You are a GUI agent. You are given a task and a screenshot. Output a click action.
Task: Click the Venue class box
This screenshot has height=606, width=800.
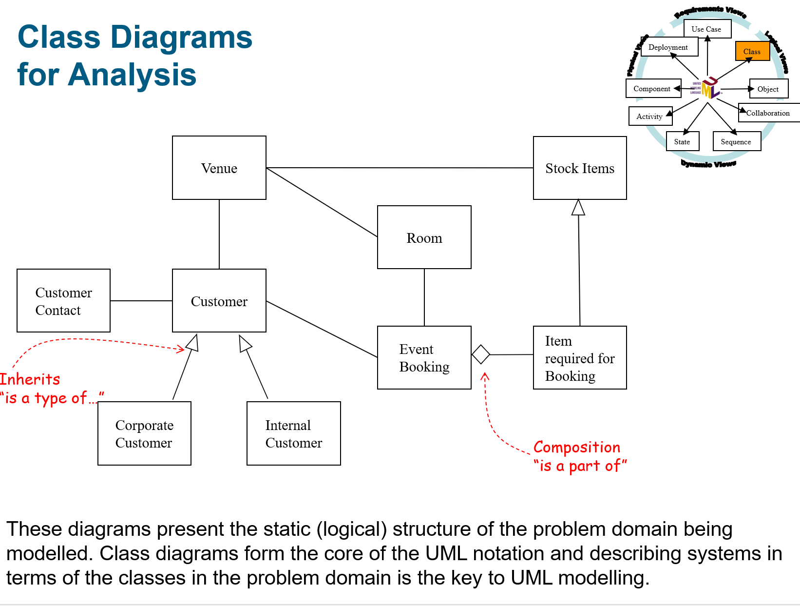point(219,168)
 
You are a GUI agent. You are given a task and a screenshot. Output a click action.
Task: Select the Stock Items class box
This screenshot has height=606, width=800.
point(580,168)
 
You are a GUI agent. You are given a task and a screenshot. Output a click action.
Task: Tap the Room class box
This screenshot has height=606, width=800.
point(424,237)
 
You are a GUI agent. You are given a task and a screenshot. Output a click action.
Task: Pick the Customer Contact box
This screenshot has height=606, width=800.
point(63,301)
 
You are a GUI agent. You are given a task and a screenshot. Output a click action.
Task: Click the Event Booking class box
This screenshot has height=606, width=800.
point(424,357)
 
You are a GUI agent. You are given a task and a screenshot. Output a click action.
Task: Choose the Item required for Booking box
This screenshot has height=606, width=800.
point(580,357)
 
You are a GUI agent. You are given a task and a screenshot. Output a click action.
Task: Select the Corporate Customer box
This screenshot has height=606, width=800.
point(144,433)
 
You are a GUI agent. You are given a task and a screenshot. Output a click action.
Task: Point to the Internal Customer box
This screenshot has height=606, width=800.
point(294,433)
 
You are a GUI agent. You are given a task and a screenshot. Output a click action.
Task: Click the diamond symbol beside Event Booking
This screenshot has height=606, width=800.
point(481,354)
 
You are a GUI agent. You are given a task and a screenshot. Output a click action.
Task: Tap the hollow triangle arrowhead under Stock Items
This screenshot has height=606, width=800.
point(578,208)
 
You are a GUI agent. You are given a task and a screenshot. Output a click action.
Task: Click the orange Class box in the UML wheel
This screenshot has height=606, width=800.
point(752,51)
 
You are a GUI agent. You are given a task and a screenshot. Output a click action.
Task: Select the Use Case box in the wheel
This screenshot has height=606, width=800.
point(707,29)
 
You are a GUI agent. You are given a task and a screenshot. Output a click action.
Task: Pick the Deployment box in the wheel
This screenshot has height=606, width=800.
point(669,47)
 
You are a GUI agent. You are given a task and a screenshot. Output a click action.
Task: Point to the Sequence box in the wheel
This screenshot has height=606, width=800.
point(736,141)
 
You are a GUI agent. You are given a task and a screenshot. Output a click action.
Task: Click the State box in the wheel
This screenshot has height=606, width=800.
point(682,141)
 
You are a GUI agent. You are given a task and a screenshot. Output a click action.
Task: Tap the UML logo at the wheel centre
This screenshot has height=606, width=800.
point(710,88)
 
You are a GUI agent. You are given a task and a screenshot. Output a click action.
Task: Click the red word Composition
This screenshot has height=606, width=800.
point(577,447)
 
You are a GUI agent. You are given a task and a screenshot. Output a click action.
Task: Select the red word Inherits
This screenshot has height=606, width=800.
point(30,379)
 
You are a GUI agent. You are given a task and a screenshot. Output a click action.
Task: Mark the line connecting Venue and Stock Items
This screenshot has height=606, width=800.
point(400,168)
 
